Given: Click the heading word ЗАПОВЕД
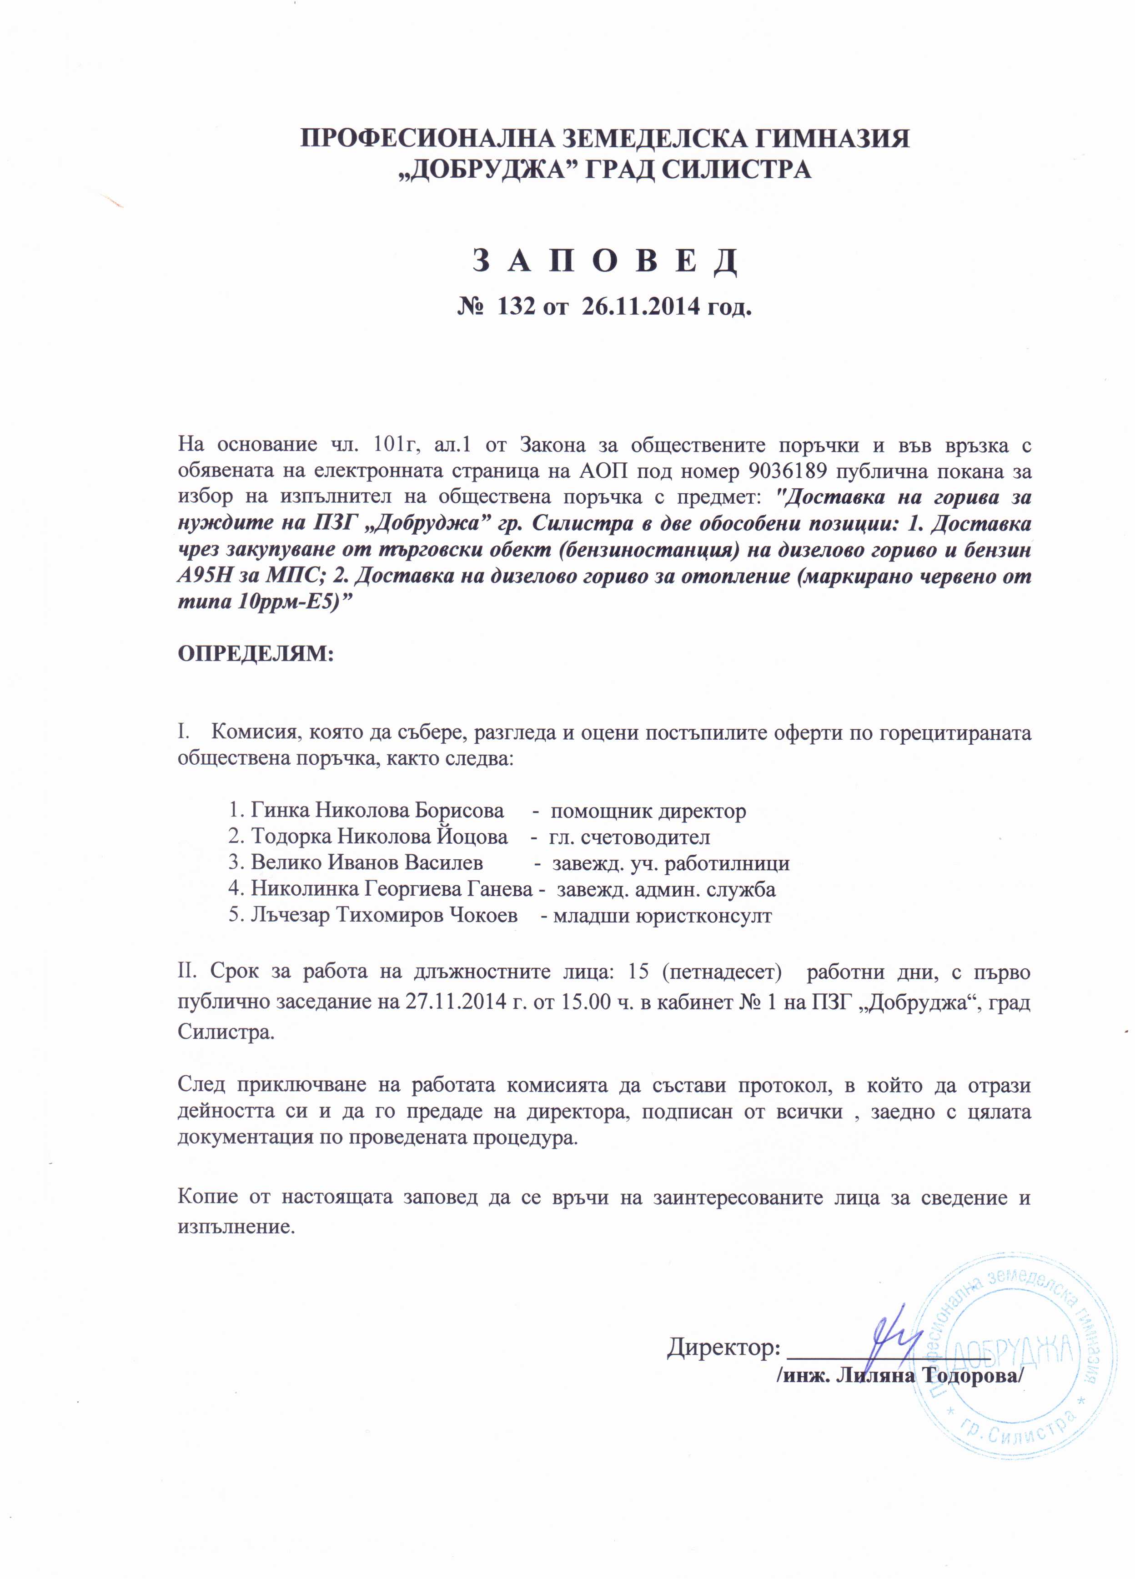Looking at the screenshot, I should [x=604, y=262].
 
